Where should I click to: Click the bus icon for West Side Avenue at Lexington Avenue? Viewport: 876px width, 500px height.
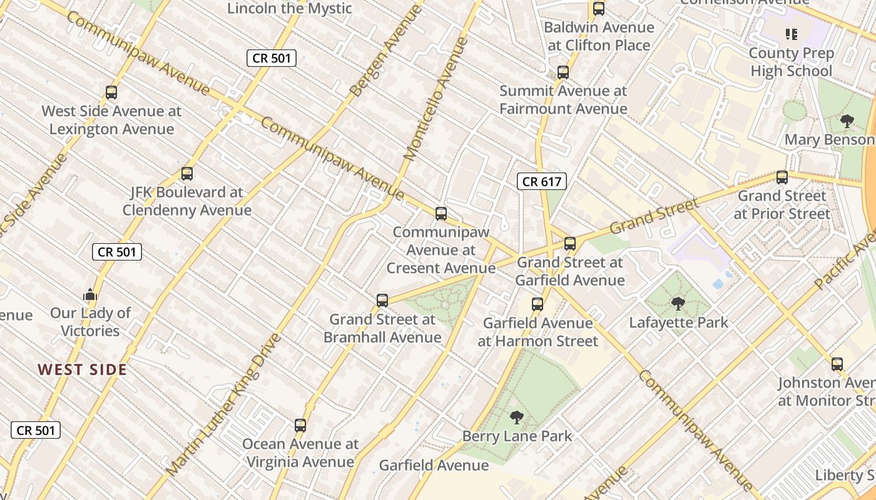click(111, 92)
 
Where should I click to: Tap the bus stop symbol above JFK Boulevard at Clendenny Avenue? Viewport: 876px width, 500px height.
click(186, 174)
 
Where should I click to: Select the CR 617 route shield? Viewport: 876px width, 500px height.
click(542, 182)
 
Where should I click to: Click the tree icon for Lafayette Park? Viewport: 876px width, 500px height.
click(678, 304)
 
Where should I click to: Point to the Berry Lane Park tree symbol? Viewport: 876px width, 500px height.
click(516, 417)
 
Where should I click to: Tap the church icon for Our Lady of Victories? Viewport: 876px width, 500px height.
click(90, 294)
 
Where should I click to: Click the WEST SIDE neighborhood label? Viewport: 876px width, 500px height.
click(83, 369)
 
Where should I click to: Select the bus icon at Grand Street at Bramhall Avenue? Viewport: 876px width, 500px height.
click(382, 301)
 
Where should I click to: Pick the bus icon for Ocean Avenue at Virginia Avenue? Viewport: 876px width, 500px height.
click(300, 426)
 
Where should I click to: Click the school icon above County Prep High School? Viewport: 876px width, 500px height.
click(791, 34)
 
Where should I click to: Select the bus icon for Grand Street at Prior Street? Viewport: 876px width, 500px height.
click(782, 177)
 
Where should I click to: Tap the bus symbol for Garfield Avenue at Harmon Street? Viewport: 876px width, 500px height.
click(537, 304)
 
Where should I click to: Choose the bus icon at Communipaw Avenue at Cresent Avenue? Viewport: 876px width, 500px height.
click(441, 214)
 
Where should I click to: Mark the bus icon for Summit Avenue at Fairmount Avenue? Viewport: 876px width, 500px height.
click(563, 72)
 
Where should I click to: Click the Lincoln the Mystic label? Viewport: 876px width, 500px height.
click(290, 9)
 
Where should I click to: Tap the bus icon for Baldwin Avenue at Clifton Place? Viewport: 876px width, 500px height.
click(599, 9)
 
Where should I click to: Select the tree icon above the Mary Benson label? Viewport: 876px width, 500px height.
click(847, 121)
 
